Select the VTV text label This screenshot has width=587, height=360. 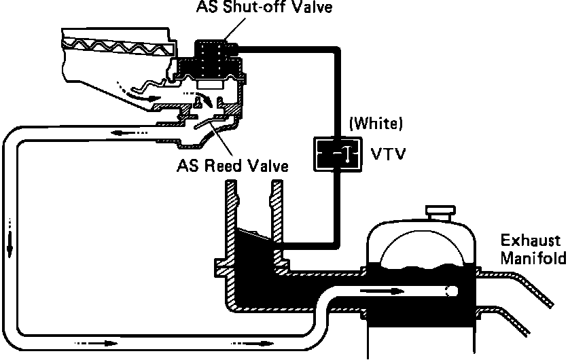click(388, 154)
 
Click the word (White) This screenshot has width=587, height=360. click(376, 124)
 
